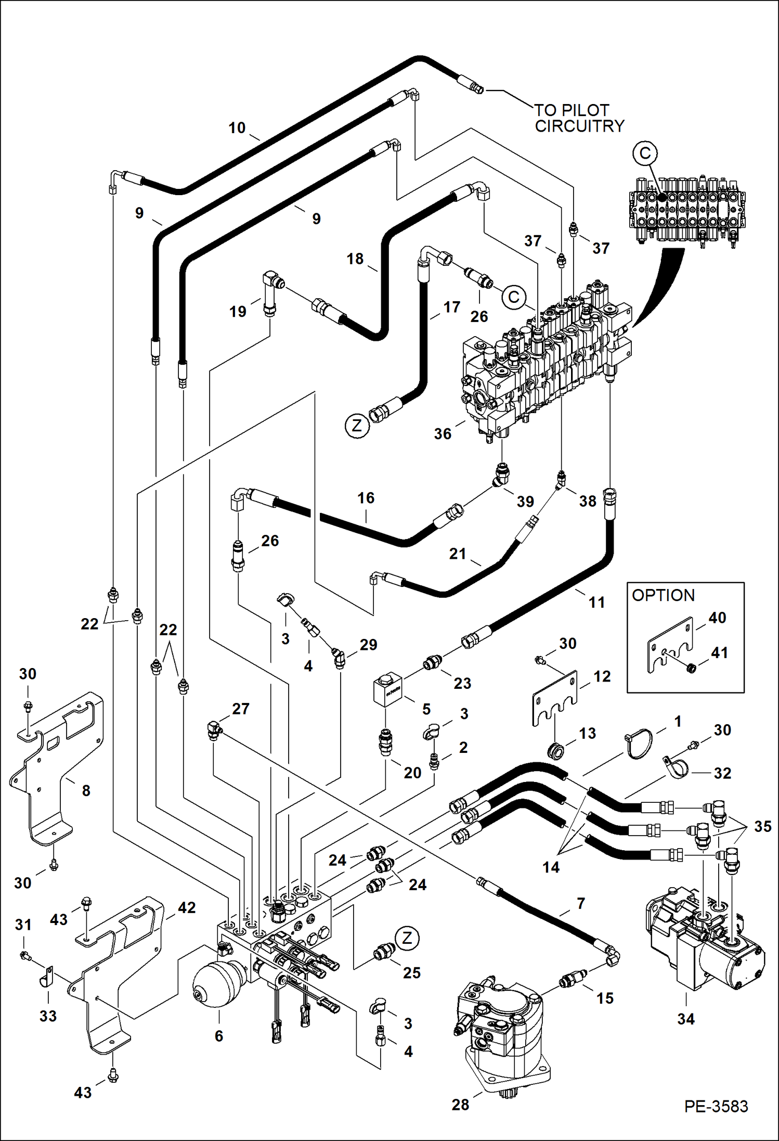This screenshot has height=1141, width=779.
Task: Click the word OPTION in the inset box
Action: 663,595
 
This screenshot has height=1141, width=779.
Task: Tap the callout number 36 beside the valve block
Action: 443,434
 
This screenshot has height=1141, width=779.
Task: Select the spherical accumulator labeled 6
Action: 217,984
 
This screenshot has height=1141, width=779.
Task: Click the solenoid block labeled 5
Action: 388,690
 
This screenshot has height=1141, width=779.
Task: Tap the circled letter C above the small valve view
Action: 645,153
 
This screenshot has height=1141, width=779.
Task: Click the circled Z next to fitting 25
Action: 407,938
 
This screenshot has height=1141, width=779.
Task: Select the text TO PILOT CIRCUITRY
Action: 579,118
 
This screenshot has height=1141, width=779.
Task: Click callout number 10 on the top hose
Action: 237,128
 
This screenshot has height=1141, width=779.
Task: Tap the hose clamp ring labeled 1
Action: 639,745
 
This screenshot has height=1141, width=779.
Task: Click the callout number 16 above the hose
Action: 366,498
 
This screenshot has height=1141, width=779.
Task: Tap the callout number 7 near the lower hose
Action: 581,904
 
